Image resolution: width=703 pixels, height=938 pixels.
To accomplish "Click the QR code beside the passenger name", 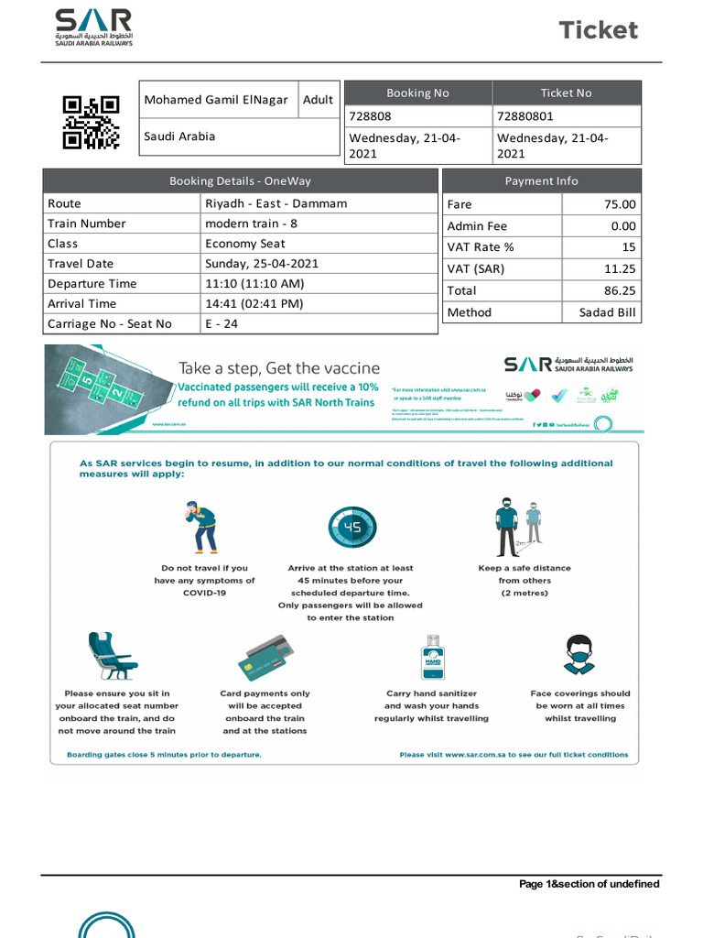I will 91,122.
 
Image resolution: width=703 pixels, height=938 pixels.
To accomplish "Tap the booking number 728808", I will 371,116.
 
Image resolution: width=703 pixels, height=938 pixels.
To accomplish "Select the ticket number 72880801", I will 525,116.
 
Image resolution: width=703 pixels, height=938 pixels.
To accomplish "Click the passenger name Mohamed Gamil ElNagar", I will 216,100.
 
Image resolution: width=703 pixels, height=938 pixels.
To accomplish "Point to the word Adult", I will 318,100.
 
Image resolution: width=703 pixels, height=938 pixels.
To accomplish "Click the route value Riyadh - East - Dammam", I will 276,203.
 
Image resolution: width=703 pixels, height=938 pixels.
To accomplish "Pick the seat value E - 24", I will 223,323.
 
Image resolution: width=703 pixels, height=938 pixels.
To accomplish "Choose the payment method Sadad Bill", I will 608,312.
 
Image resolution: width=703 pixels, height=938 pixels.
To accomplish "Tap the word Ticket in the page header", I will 599,30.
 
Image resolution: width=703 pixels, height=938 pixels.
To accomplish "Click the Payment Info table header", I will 541,180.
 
